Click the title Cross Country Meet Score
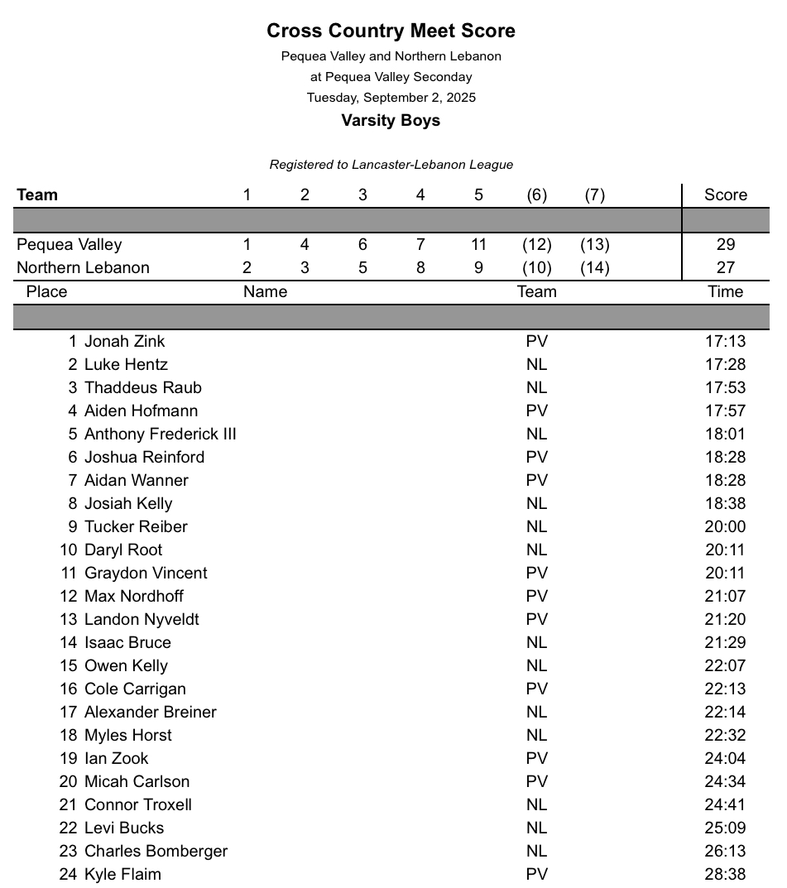pyautogui.click(x=391, y=31)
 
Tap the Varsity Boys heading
pyautogui.click(x=391, y=121)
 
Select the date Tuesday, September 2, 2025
pyautogui.click(x=391, y=98)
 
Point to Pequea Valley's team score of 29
pyautogui.click(x=725, y=245)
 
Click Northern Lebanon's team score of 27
pyautogui.click(x=725, y=268)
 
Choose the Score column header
pyautogui.click(x=725, y=195)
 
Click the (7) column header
pyautogui.click(x=594, y=195)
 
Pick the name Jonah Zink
pyautogui.click(x=124, y=342)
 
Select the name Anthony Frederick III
pyautogui.click(x=160, y=434)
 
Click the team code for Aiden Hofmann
pyautogui.click(x=536, y=411)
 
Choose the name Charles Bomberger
pyautogui.click(x=156, y=852)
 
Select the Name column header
pyautogui.click(x=265, y=292)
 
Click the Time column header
pyautogui.click(x=726, y=292)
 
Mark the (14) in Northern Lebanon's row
pyautogui.click(x=594, y=268)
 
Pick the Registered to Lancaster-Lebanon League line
pyautogui.click(x=391, y=165)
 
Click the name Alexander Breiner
pyautogui.click(x=150, y=713)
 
